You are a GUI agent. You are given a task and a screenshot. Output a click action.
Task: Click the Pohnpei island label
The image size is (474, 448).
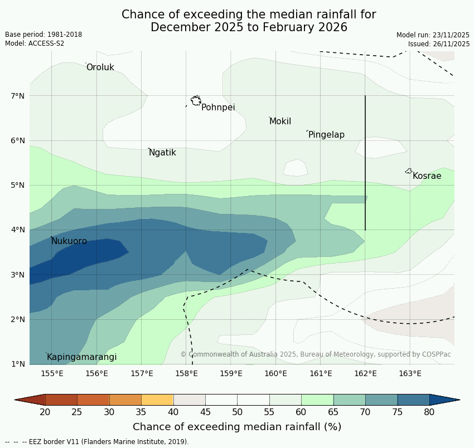coord(218,108)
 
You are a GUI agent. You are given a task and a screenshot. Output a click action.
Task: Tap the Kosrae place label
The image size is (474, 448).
coord(427,176)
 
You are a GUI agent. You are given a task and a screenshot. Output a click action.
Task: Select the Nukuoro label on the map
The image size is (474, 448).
coord(69,241)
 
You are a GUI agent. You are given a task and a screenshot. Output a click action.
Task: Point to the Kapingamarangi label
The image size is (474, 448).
coord(81,357)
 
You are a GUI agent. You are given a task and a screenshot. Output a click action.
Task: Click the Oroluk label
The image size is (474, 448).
coord(100,67)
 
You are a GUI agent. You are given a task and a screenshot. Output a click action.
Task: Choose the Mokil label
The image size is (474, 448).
coord(280,121)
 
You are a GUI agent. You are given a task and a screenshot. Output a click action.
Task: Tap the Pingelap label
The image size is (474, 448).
coord(326,135)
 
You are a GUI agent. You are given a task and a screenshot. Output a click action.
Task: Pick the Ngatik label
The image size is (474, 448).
coord(162,153)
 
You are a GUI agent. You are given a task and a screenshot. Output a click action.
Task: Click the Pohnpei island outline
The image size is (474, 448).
coord(196,101)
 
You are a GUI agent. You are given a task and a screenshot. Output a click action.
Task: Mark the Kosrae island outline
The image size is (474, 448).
coord(409,171)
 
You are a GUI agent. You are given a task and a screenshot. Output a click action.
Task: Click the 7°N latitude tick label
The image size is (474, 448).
coord(18,96)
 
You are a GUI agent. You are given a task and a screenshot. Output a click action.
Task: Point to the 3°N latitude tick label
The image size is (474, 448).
coord(18,275)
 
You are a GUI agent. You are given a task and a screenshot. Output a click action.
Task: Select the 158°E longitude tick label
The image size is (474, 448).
coord(186,373)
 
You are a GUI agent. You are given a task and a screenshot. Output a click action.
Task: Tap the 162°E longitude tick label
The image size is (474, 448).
coord(365,373)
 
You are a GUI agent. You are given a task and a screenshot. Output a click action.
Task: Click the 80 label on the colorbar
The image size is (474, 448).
coord(429,412)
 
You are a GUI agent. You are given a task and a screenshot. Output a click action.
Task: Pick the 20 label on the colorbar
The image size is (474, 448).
coord(45,412)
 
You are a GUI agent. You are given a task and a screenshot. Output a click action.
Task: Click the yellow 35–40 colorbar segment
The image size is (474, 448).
coord(157,400)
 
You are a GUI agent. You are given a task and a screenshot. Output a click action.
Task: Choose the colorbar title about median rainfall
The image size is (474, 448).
coord(237,427)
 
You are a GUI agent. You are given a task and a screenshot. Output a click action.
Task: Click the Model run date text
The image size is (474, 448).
coord(433,35)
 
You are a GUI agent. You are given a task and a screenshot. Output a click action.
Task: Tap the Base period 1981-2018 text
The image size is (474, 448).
coord(43,35)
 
